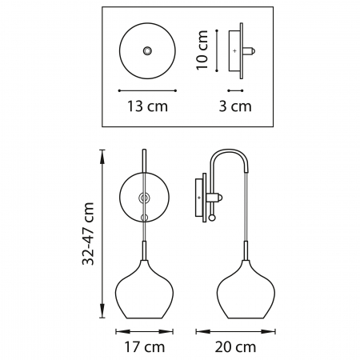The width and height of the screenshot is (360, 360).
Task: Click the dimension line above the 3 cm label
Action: pyautogui.click(x=235, y=89)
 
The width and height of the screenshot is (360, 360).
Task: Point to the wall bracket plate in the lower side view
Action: pyautogui.click(x=199, y=196)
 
